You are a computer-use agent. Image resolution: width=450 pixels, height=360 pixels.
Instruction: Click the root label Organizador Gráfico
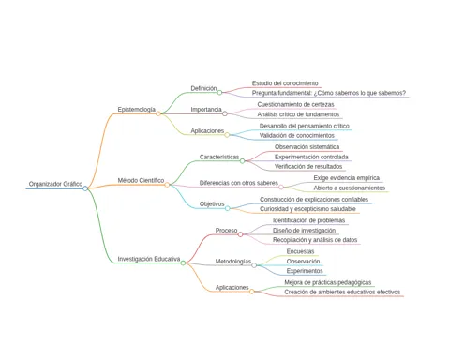click(55, 184)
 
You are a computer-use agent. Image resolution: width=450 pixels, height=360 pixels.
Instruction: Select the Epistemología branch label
click(137, 110)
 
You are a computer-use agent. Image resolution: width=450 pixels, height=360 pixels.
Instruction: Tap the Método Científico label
click(141, 180)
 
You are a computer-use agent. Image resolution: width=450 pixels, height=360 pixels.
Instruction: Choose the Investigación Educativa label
click(149, 259)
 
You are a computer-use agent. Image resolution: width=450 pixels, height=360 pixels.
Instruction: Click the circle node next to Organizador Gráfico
click(85, 188)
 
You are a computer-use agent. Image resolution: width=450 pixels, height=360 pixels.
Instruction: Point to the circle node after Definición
click(219, 92)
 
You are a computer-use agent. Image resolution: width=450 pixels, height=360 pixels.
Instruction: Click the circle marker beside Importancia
click(225, 113)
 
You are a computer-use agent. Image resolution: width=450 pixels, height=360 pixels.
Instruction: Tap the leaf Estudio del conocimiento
click(285, 83)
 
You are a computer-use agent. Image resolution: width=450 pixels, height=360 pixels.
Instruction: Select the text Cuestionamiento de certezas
click(295, 104)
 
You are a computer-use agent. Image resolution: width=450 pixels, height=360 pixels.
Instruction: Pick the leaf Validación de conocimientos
click(297, 136)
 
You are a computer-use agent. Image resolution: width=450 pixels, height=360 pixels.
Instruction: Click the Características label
click(219, 157)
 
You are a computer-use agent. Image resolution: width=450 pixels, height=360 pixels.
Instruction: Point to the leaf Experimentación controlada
click(311, 157)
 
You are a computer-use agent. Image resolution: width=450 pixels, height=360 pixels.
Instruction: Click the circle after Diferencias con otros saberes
click(281, 187)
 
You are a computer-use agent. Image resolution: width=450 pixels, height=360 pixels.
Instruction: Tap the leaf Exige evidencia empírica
click(347, 178)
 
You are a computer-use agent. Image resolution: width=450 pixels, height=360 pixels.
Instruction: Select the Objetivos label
click(212, 204)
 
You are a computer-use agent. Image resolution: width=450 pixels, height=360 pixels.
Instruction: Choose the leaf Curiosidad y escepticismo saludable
click(307, 209)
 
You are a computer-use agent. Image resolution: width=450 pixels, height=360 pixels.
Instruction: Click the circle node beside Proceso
click(240, 234)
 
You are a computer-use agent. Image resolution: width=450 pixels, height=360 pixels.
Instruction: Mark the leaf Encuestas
click(300, 251)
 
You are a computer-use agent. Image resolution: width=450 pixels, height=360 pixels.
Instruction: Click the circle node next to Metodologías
click(254, 265)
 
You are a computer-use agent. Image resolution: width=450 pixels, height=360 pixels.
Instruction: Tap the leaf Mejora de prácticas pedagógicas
click(328, 282)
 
